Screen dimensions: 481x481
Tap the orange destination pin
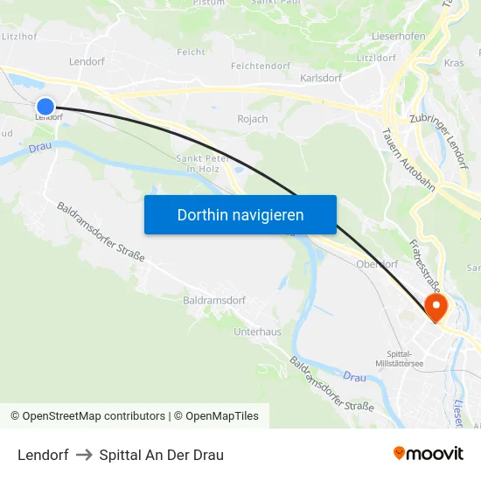(x=435, y=307)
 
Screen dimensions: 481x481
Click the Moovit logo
(x=429, y=454)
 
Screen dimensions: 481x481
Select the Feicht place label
(x=191, y=52)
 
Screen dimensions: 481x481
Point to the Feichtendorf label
(x=260, y=66)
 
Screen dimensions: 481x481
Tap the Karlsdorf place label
(x=320, y=78)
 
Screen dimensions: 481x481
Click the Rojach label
(x=253, y=119)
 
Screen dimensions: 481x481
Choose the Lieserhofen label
(x=398, y=36)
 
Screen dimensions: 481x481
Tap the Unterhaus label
(x=257, y=332)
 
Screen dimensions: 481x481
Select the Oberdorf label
(x=377, y=264)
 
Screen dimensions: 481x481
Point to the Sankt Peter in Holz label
(x=203, y=163)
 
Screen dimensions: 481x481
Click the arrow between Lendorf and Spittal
(x=84, y=455)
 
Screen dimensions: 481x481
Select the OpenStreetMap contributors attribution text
(x=94, y=416)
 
